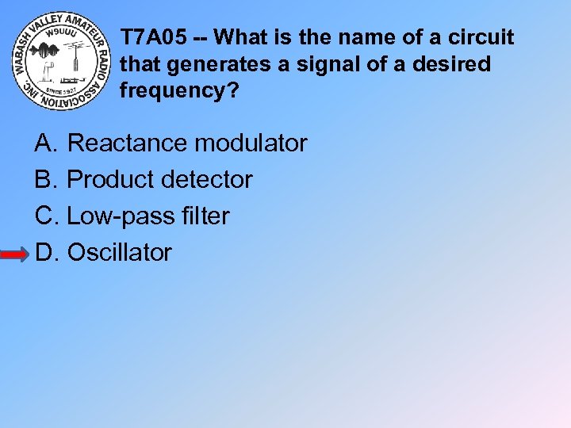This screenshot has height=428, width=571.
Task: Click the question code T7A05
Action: (154, 37)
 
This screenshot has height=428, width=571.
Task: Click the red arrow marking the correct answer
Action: (15, 254)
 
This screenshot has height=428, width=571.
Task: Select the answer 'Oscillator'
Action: (120, 253)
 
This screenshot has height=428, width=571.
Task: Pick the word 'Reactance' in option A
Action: (128, 143)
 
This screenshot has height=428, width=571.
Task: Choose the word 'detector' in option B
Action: (206, 180)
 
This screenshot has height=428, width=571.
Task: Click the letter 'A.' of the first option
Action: (47, 143)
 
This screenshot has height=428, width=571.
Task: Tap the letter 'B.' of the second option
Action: (47, 180)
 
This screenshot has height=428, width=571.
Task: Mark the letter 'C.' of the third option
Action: (47, 216)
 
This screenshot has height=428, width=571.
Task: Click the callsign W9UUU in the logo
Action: (62, 33)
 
